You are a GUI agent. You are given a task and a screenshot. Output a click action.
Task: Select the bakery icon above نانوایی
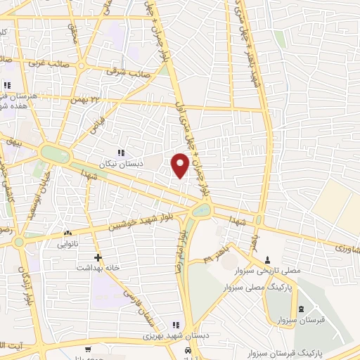(x=68, y=233)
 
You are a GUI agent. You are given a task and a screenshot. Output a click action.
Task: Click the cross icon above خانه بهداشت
(x=98, y=257)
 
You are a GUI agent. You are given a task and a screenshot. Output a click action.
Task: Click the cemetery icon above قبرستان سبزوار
(x=302, y=309)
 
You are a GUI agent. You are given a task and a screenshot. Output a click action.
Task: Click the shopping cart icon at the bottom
(x=86, y=349)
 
